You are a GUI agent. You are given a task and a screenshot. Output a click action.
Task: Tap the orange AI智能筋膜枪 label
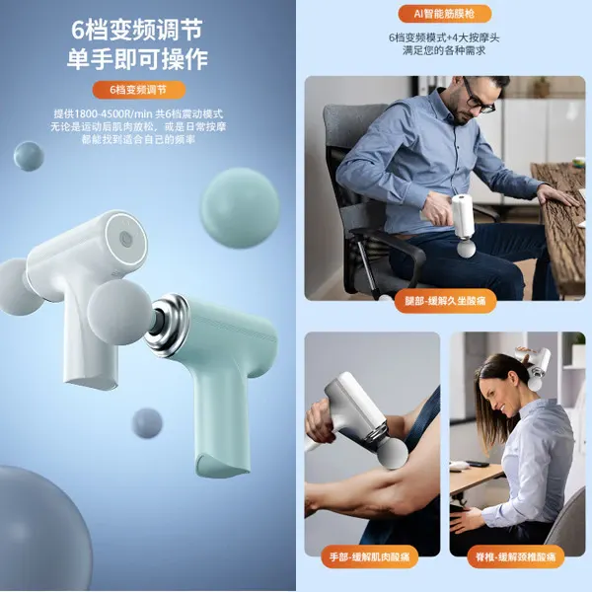click(444, 14)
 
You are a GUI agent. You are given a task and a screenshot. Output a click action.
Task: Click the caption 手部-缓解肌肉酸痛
click(371, 557)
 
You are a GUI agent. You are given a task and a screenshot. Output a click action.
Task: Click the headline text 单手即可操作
click(137, 58)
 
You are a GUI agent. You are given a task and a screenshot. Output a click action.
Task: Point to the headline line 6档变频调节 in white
click(137, 27)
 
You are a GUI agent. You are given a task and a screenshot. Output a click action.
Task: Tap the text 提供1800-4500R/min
click(94, 114)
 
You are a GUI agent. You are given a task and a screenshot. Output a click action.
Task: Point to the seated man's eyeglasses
click(481, 100)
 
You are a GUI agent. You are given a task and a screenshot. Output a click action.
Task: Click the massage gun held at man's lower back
click(462, 218)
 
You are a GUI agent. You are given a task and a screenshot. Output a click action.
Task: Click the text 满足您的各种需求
click(444, 51)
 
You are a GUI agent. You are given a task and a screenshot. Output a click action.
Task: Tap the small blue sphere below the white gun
click(147, 422)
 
